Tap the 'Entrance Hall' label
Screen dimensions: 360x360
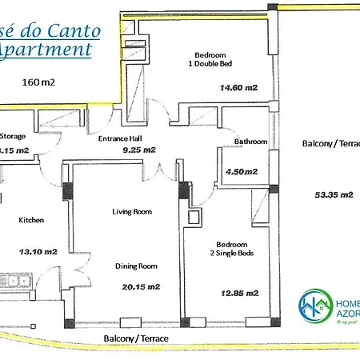coord(119,138)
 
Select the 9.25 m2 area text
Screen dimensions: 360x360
coord(138,150)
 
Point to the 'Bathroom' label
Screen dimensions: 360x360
coord(250,142)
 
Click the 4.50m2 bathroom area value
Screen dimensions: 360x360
coord(242,171)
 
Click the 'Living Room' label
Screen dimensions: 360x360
coord(131,211)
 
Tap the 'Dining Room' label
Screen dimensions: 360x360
coord(134,266)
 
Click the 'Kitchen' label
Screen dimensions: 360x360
coord(31,220)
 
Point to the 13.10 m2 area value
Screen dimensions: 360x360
coord(38,250)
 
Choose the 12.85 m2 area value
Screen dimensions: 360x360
coord(238,293)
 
